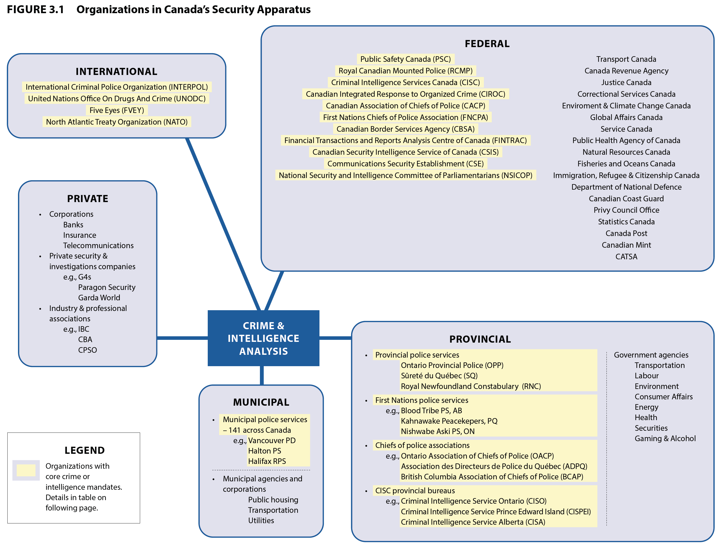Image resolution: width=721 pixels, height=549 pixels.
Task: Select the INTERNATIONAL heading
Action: point(116,72)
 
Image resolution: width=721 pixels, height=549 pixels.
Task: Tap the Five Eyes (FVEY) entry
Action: point(117,110)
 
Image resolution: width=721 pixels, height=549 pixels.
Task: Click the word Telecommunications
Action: point(98,245)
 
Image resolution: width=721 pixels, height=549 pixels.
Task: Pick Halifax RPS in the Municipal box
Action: point(267,461)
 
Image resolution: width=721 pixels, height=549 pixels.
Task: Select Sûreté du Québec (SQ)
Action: point(439,376)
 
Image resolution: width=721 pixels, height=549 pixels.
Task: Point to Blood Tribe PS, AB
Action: point(431,411)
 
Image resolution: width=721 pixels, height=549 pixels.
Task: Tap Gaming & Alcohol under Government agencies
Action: point(665,439)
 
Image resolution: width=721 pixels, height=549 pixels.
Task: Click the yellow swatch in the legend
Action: point(26,470)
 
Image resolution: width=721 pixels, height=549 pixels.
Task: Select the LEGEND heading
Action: point(85,450)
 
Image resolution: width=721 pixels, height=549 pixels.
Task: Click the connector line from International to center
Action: point(222,222)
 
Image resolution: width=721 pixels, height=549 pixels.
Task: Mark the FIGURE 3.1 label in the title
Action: point(35,9)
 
